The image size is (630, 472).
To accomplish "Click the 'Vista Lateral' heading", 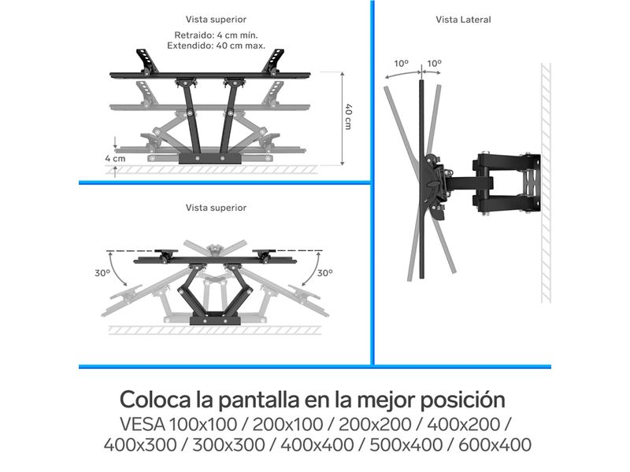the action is click(x=463, y=20).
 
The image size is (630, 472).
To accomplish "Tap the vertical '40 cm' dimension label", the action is click(x=348, y=116).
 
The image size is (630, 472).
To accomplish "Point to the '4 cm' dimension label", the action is click(x=115, y=159).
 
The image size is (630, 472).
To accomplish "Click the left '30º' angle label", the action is click(x=102, y=273).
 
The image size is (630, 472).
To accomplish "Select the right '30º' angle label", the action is click(x=325, y=273).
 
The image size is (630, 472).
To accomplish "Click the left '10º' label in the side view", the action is click(x=401, y=64).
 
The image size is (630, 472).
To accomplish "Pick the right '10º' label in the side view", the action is click(x=435, y=64).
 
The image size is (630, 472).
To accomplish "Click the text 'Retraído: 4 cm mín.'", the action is click(x=216, y=35).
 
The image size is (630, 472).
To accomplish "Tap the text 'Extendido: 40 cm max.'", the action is click(x=216, y=46).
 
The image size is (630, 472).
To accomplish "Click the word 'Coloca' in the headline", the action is click(x=156, y=400).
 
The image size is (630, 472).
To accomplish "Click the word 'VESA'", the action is click(x=143, y=425).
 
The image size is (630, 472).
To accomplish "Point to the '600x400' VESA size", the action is click(x=495, y=445).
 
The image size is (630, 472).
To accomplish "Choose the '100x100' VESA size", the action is click(x=202, y=425).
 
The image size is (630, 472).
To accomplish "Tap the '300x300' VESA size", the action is click(x=229, y=445).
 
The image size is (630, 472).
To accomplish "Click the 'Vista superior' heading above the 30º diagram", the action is click(x=216, y=208).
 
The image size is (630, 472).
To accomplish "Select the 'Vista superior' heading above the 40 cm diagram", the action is click(x=216, y=19).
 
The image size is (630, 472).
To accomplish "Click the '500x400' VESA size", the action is click(x=406, y=445).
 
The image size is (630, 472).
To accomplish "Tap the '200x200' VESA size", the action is click(x=376, y=425).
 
